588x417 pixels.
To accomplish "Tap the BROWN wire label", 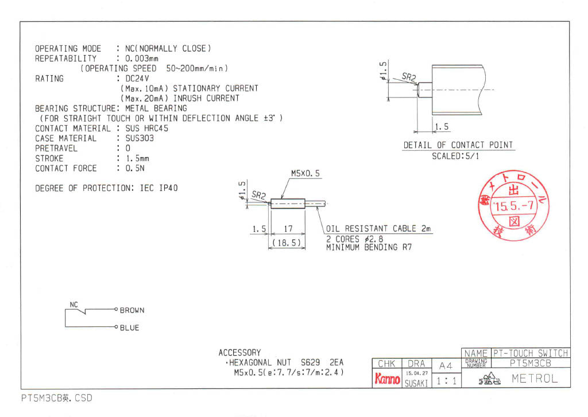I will (x=132, y=310).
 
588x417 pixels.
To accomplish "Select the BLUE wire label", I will (x=129, y=328).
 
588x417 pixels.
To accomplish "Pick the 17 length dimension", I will (x=289, y=229).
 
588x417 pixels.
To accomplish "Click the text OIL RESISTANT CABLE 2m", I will (x=378, y=229).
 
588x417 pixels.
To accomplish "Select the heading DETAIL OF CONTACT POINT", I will (x=458, y=145).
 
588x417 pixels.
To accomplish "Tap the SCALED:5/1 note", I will (x=458, y=156).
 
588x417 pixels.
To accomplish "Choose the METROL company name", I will (x=534, y=379).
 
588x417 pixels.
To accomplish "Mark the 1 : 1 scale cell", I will (x=446, y=380).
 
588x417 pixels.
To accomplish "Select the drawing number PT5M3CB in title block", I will (x=531, y=363).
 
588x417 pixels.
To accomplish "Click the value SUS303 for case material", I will (x=140, y=138).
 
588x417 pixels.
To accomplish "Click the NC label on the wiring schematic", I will (x=74, y=304).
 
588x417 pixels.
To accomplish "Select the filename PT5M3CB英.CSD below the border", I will (x=56, y=397).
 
